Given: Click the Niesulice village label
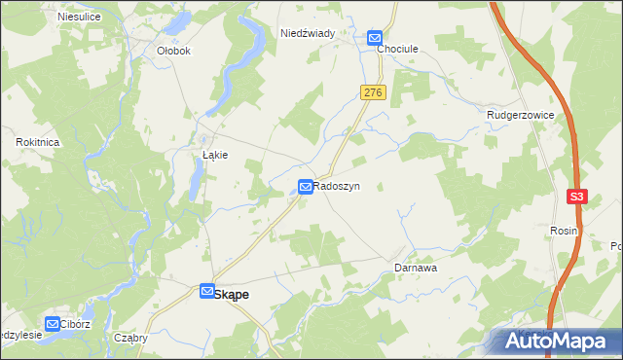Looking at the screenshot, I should coord(79,17).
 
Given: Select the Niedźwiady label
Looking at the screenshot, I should coord(308,33).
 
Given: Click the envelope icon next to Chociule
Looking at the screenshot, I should coord(375,39).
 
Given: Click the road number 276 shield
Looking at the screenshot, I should coord(374,91).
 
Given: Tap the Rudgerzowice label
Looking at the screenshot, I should coord(521,115).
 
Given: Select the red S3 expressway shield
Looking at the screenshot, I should coord(578,197).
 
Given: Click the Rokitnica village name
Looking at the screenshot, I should coord(39,142).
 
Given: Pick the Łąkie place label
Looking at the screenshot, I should coord(215,155).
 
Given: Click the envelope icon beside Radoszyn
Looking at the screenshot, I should coord(306,185).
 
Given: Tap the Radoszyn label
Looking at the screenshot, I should coord(337,185).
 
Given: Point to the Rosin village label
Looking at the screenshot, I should coord(564,231).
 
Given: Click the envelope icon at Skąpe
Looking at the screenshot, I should coord(206,291).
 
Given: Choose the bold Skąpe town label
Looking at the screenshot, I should coord(233,292).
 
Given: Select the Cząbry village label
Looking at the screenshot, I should coord(130,338).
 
